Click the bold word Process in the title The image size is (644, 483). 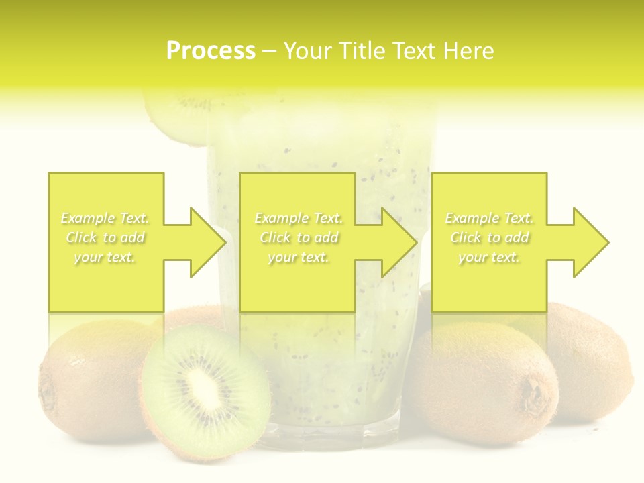point(211,51)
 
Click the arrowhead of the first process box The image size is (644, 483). point(209,242)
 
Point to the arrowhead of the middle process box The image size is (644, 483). point(400,242)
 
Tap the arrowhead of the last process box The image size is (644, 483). point(591,242)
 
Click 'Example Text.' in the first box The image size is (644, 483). point(105,218)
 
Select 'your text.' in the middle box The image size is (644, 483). point(299,257)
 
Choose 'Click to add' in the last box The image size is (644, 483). point(490,237)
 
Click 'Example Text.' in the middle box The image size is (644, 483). point(299,218)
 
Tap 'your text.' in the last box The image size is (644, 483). point(489,257)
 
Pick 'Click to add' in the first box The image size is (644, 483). point(105,237)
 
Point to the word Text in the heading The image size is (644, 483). point(415,51)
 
